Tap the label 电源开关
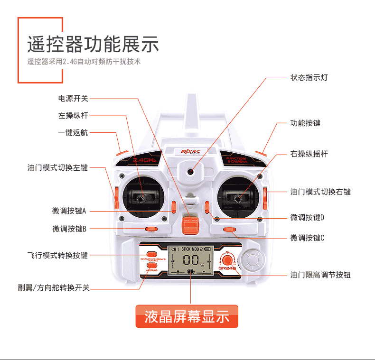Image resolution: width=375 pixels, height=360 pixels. point(73,99)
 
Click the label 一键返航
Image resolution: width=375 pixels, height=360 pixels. point(73,133)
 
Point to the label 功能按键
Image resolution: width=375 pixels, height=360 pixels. point(305,123)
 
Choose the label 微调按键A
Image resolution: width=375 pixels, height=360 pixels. point(69,211)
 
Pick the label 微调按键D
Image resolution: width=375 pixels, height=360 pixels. point(307,217)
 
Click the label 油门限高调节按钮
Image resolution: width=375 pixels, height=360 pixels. point(320,275)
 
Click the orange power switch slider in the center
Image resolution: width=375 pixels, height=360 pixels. point(190,225)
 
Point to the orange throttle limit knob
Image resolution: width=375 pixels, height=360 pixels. point(227,259)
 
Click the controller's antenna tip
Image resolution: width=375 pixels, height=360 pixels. point(190,97)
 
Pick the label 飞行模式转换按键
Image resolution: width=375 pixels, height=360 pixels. point(57,255)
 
